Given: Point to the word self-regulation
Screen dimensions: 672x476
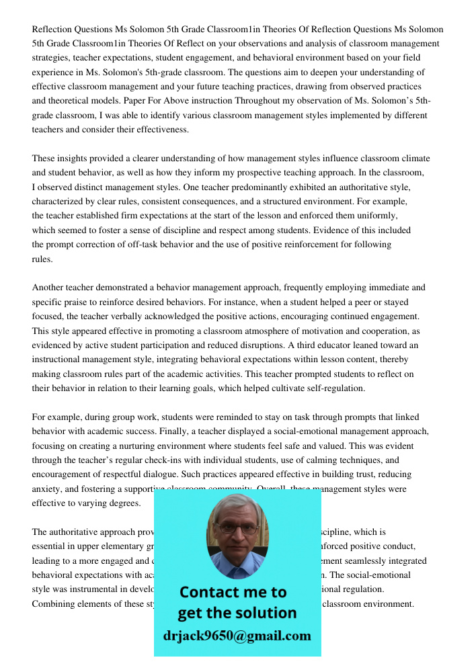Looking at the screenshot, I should point(333,388).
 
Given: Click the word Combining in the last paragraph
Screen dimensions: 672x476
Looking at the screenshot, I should point(54,604).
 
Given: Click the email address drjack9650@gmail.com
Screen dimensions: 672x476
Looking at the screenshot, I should point(237,636).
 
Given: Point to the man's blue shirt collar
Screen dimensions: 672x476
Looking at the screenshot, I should point(237,568).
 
